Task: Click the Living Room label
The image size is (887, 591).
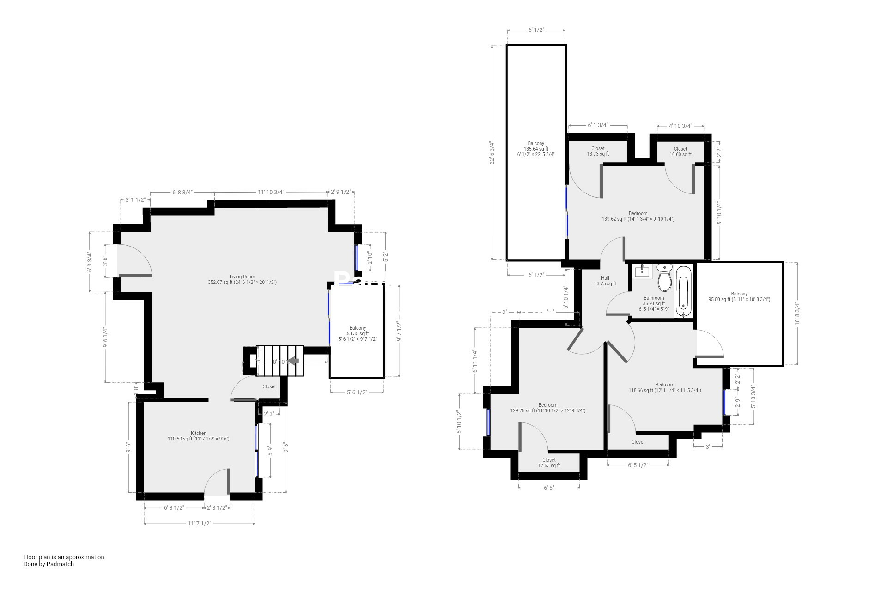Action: (242, 279)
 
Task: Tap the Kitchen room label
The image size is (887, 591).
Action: (198, 436)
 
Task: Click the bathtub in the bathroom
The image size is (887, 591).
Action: (684, 291)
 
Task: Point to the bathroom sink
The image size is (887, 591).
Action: (642, 271)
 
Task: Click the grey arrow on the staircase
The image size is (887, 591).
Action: (293, 361)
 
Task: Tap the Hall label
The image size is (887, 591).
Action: (605, 281)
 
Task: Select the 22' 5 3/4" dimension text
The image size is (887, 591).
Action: (492, 152)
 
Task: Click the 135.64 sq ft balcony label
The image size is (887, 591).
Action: (536, 149)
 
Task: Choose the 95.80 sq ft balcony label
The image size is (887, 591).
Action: (739, 296)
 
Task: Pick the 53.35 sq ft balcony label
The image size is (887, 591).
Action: (358, 333)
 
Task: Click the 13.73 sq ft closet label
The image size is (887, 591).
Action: (598, 151)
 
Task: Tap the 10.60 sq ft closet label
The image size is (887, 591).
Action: (680, 151)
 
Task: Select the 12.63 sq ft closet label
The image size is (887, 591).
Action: (549, 463)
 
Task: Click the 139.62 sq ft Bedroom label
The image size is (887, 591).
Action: (638, 216)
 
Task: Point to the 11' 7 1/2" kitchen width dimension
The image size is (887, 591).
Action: (199, 523)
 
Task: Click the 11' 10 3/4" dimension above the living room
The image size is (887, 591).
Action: (271, 192)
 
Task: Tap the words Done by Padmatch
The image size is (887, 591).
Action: (49, 564)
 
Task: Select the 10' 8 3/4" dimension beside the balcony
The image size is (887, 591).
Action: (796, 314)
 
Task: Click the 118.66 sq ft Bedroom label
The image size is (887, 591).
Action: (664, 387)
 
